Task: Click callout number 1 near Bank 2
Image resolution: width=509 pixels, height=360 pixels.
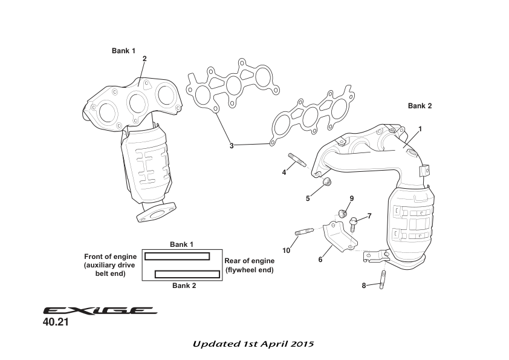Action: point(420,129)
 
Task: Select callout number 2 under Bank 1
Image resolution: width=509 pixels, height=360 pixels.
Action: point(144,59)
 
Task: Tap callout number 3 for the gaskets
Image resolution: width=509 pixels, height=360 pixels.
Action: point(231,145)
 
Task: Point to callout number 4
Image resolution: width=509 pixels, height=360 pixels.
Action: point(284,172)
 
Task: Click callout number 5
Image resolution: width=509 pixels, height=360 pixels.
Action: point(308,198)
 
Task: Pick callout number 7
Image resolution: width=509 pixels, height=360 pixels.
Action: point(369,216)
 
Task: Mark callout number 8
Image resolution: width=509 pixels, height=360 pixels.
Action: point(364,286)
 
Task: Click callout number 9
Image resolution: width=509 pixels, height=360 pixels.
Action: point(351,198)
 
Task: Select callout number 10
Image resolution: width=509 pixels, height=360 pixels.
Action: point(286,250)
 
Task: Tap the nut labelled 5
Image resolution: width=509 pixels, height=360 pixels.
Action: point(327,182)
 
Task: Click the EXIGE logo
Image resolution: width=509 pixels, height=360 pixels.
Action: point(100,310)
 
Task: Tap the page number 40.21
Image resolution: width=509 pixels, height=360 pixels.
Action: point(56,323)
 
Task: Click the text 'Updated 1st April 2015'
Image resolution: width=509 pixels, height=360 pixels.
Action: point(254,344)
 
